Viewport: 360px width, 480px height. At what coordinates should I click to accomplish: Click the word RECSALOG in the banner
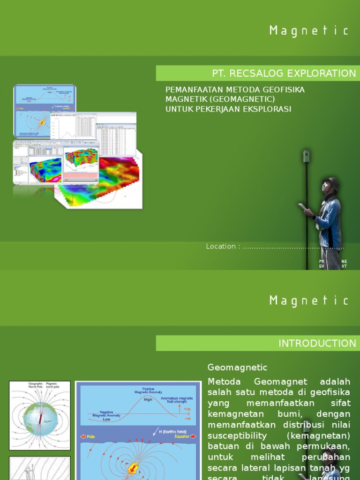pyautogui.click(x=256, y=73)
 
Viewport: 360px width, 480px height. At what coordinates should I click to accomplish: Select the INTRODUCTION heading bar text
pyautogui.click(x=317, y=343)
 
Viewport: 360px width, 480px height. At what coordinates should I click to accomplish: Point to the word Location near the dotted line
pyautogui.click(x=220, y=247)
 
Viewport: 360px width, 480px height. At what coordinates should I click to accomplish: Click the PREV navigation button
pyautogui.click(x=322, y=264)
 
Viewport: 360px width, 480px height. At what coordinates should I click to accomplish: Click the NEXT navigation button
pyautogui.click(x=345, y=264)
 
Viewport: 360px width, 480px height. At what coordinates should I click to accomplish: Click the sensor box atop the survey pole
pyautogui.click(x=307, y=156)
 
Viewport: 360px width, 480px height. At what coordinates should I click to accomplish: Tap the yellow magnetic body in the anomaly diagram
pyautogui.click(x=134, y=467)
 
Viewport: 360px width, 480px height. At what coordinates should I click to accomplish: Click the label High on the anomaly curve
pyautogui.click(x=148, y=400)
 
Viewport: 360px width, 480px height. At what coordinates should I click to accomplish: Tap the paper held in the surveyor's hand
pyautogui.click(x=302, y=207)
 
